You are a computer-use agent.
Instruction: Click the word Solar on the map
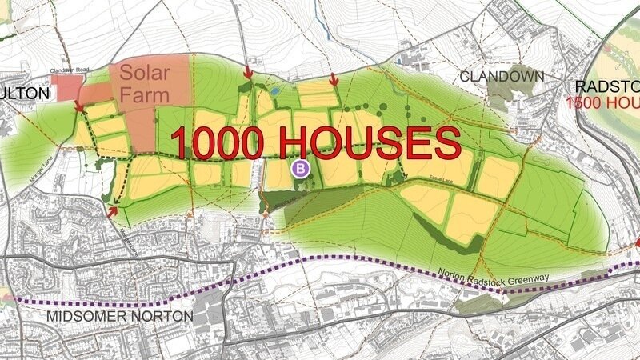146,73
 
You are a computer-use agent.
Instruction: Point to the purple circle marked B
301,168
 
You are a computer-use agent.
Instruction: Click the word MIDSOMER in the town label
85,316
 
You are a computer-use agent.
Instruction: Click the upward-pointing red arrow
113,210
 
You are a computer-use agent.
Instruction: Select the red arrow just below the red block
80,107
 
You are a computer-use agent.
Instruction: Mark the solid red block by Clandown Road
66,88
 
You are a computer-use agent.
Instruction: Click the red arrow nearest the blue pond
248,74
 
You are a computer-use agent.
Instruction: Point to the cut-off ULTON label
24,93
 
